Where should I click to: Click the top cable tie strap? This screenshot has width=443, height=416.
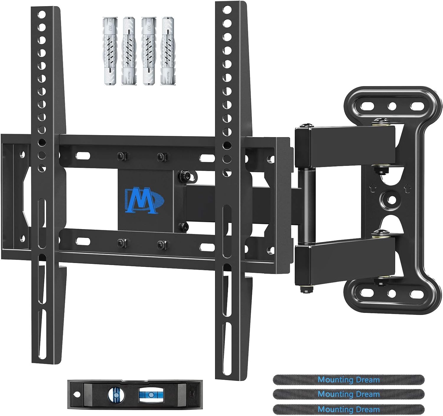pos(349,380)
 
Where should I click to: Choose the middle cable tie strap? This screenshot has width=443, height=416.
pos(349,394)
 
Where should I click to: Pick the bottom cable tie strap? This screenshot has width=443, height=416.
pos(349,409)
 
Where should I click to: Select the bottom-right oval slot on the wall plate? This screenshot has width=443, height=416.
pos(416,293)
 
